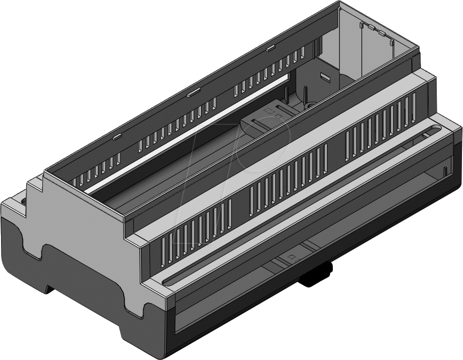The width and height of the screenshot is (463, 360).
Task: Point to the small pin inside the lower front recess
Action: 445,171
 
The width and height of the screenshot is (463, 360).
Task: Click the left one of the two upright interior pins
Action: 305,96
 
